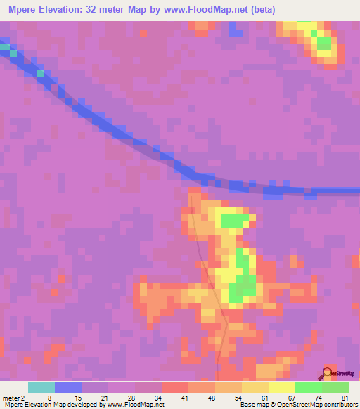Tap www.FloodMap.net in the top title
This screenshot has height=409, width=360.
pos(202,9)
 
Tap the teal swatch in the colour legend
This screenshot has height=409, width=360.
pos(41,387)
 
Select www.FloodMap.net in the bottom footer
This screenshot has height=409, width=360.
pos(138,404)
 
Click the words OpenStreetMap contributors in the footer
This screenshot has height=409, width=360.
pos(321,404)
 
